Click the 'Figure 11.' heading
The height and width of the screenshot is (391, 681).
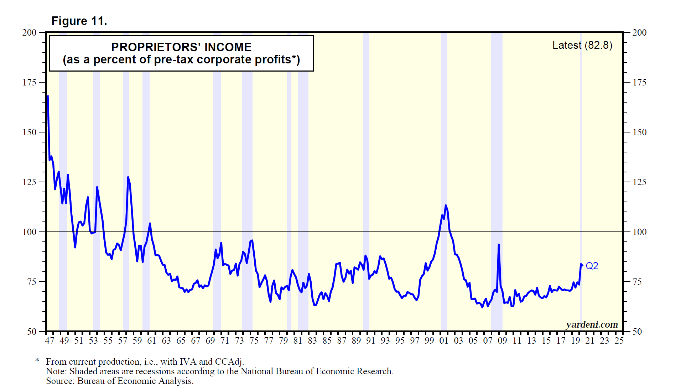click(x=79, y=21)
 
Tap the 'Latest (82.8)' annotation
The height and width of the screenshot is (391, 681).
click(x=582, y=45)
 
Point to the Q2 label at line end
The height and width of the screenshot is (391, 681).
click(x=592, y=266)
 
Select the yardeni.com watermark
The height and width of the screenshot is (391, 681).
click(x=592, y=325)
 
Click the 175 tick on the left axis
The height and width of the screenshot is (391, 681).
click(x=30, y=82)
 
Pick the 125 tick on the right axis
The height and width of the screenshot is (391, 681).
click(x=639, y=182)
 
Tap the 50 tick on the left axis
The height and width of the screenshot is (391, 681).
click(x=32, y=332)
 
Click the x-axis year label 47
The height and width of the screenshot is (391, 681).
click(x=50, y=341)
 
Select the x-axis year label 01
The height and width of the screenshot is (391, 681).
click(x=444, y=341)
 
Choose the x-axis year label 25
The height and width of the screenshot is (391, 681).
click(x=619, y=341)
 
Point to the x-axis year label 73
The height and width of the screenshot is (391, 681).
click(x=239, y=341)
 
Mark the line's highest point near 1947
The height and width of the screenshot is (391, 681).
click(x=48, y=96)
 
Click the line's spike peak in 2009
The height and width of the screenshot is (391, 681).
click(x=499, y=245)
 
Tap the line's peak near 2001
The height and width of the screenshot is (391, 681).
click(x=446, y=205)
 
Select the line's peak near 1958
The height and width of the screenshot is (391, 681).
click(x=128, y=177)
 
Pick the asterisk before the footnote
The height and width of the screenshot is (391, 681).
click(x=37, y=361)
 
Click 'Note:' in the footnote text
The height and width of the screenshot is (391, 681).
click(x=56, y=371)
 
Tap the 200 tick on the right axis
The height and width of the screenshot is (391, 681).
click(x=639, y=32)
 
